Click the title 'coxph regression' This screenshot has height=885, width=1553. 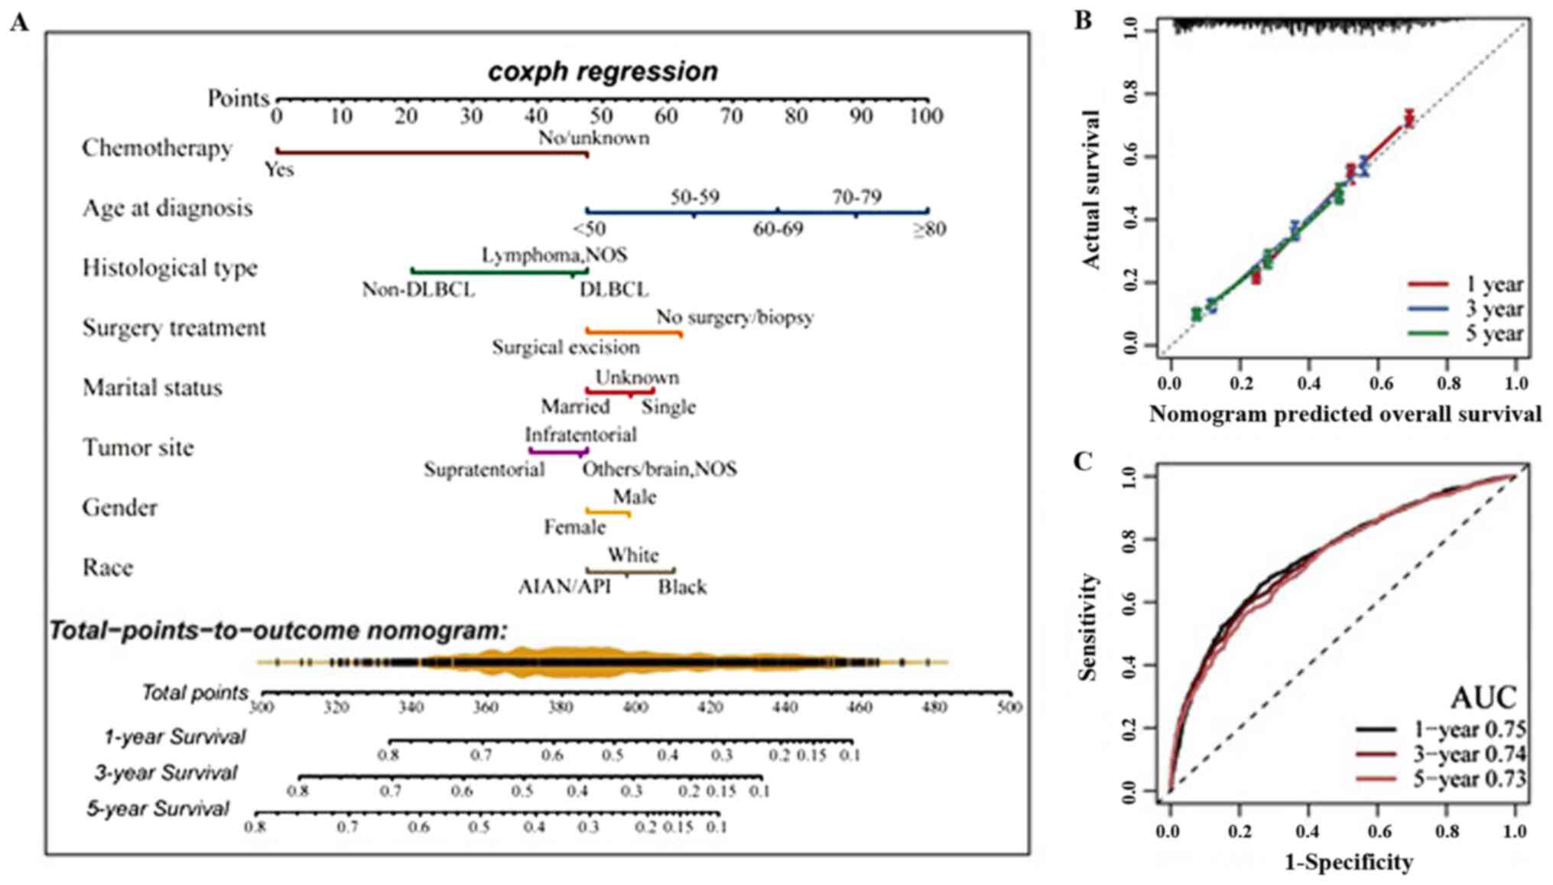[x=603, y=72]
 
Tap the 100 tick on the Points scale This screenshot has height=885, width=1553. [x=927, y=116]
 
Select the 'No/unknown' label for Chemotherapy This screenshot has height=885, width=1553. [x=594, y=138]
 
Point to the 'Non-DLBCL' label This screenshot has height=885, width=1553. [x=418, y=291]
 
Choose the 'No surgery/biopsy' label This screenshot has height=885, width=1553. [x=734, y=317]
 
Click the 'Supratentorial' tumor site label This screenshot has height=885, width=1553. [x=484, y=469]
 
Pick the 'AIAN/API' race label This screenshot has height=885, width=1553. [x=564, y=587]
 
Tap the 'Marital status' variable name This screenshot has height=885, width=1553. [x=152, y=388]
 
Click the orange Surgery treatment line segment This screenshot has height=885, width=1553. [x=634, y=332]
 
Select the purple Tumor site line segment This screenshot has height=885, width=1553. [x=558, y=452]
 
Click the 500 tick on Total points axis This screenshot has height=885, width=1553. [x=1009, y=707]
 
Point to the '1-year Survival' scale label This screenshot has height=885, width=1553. [x=174, y=737]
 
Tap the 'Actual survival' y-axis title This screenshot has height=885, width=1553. [x=1091, y=189]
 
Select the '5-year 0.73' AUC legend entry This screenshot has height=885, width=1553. [x=1469, y=779]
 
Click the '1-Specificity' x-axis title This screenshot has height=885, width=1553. [x=1348, y=863]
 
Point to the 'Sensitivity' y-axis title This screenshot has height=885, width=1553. [x=1087, y=626]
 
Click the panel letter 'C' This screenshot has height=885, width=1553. [x=1082, y=462]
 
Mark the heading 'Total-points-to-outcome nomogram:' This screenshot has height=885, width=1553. [x=279, y=631]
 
